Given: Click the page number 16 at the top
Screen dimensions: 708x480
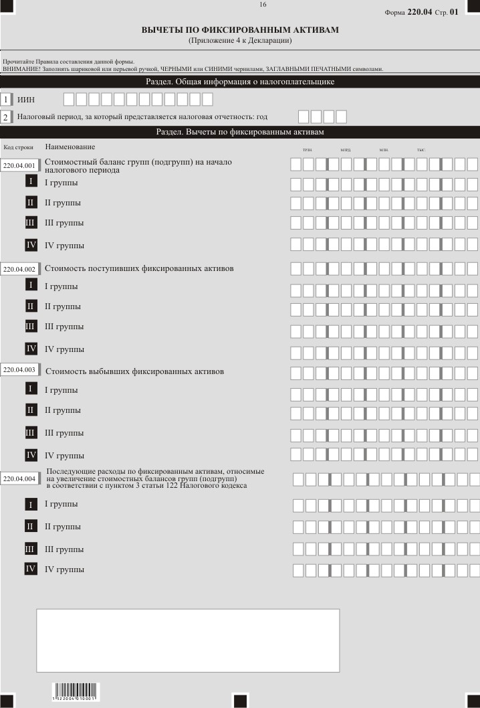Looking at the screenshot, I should tap(263, 5).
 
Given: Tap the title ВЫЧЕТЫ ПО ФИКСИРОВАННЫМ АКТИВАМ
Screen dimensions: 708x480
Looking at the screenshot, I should tap(240, 30).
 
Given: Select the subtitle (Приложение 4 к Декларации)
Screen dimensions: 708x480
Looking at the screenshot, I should tap(240, 41).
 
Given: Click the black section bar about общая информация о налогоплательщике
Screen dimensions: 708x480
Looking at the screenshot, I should tap(240, 82).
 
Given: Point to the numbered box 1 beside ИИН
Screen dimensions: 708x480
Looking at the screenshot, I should tap(7, 100).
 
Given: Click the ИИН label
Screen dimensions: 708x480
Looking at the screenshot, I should tap(25, 100).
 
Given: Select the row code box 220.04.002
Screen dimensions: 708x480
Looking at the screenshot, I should tap(19, 269).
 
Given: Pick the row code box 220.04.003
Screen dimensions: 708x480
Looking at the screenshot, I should tap(19, 370).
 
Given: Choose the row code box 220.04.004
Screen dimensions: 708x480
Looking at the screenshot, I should tap(19, 479).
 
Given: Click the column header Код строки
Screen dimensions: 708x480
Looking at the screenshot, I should tap(18, 147).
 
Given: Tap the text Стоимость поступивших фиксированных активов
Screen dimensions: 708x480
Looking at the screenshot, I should tap(139, 268).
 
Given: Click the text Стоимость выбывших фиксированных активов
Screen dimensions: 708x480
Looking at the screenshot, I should tap(134, 371).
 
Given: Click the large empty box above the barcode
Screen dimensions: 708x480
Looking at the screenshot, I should tap(188, 640).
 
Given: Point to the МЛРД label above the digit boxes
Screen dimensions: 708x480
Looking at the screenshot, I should tap(345, 150).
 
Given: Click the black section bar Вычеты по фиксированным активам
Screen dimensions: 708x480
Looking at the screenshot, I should tap(240, 132).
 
